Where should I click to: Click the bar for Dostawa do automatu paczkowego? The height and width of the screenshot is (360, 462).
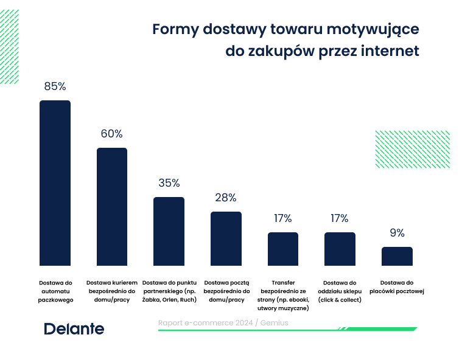(55, 182)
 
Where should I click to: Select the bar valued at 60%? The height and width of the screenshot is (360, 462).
(112, 206)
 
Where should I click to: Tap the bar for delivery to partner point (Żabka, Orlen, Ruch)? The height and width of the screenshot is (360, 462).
(169, 231)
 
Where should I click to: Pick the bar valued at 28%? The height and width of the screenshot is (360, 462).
(226, 238)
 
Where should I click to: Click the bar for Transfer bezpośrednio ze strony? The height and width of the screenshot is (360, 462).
(283, 249)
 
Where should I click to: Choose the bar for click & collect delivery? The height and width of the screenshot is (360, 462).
(340, 249)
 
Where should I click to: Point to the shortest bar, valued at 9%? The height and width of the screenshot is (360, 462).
(397, 256)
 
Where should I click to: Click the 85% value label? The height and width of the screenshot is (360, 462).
(55, 86)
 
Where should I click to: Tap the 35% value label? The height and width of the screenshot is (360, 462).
(169, 183)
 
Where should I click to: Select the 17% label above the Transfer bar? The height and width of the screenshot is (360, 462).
(283, 218)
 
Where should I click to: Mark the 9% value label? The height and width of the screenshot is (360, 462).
(397, 233)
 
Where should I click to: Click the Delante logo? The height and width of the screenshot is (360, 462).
(74, 329)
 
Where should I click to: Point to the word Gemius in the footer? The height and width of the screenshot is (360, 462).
(274, 323)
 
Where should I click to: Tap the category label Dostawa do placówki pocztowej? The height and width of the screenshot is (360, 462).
(397, 287)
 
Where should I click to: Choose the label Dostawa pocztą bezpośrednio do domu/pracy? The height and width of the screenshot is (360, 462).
(226, 291)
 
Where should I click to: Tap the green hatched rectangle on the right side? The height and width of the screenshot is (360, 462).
(412, 149)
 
